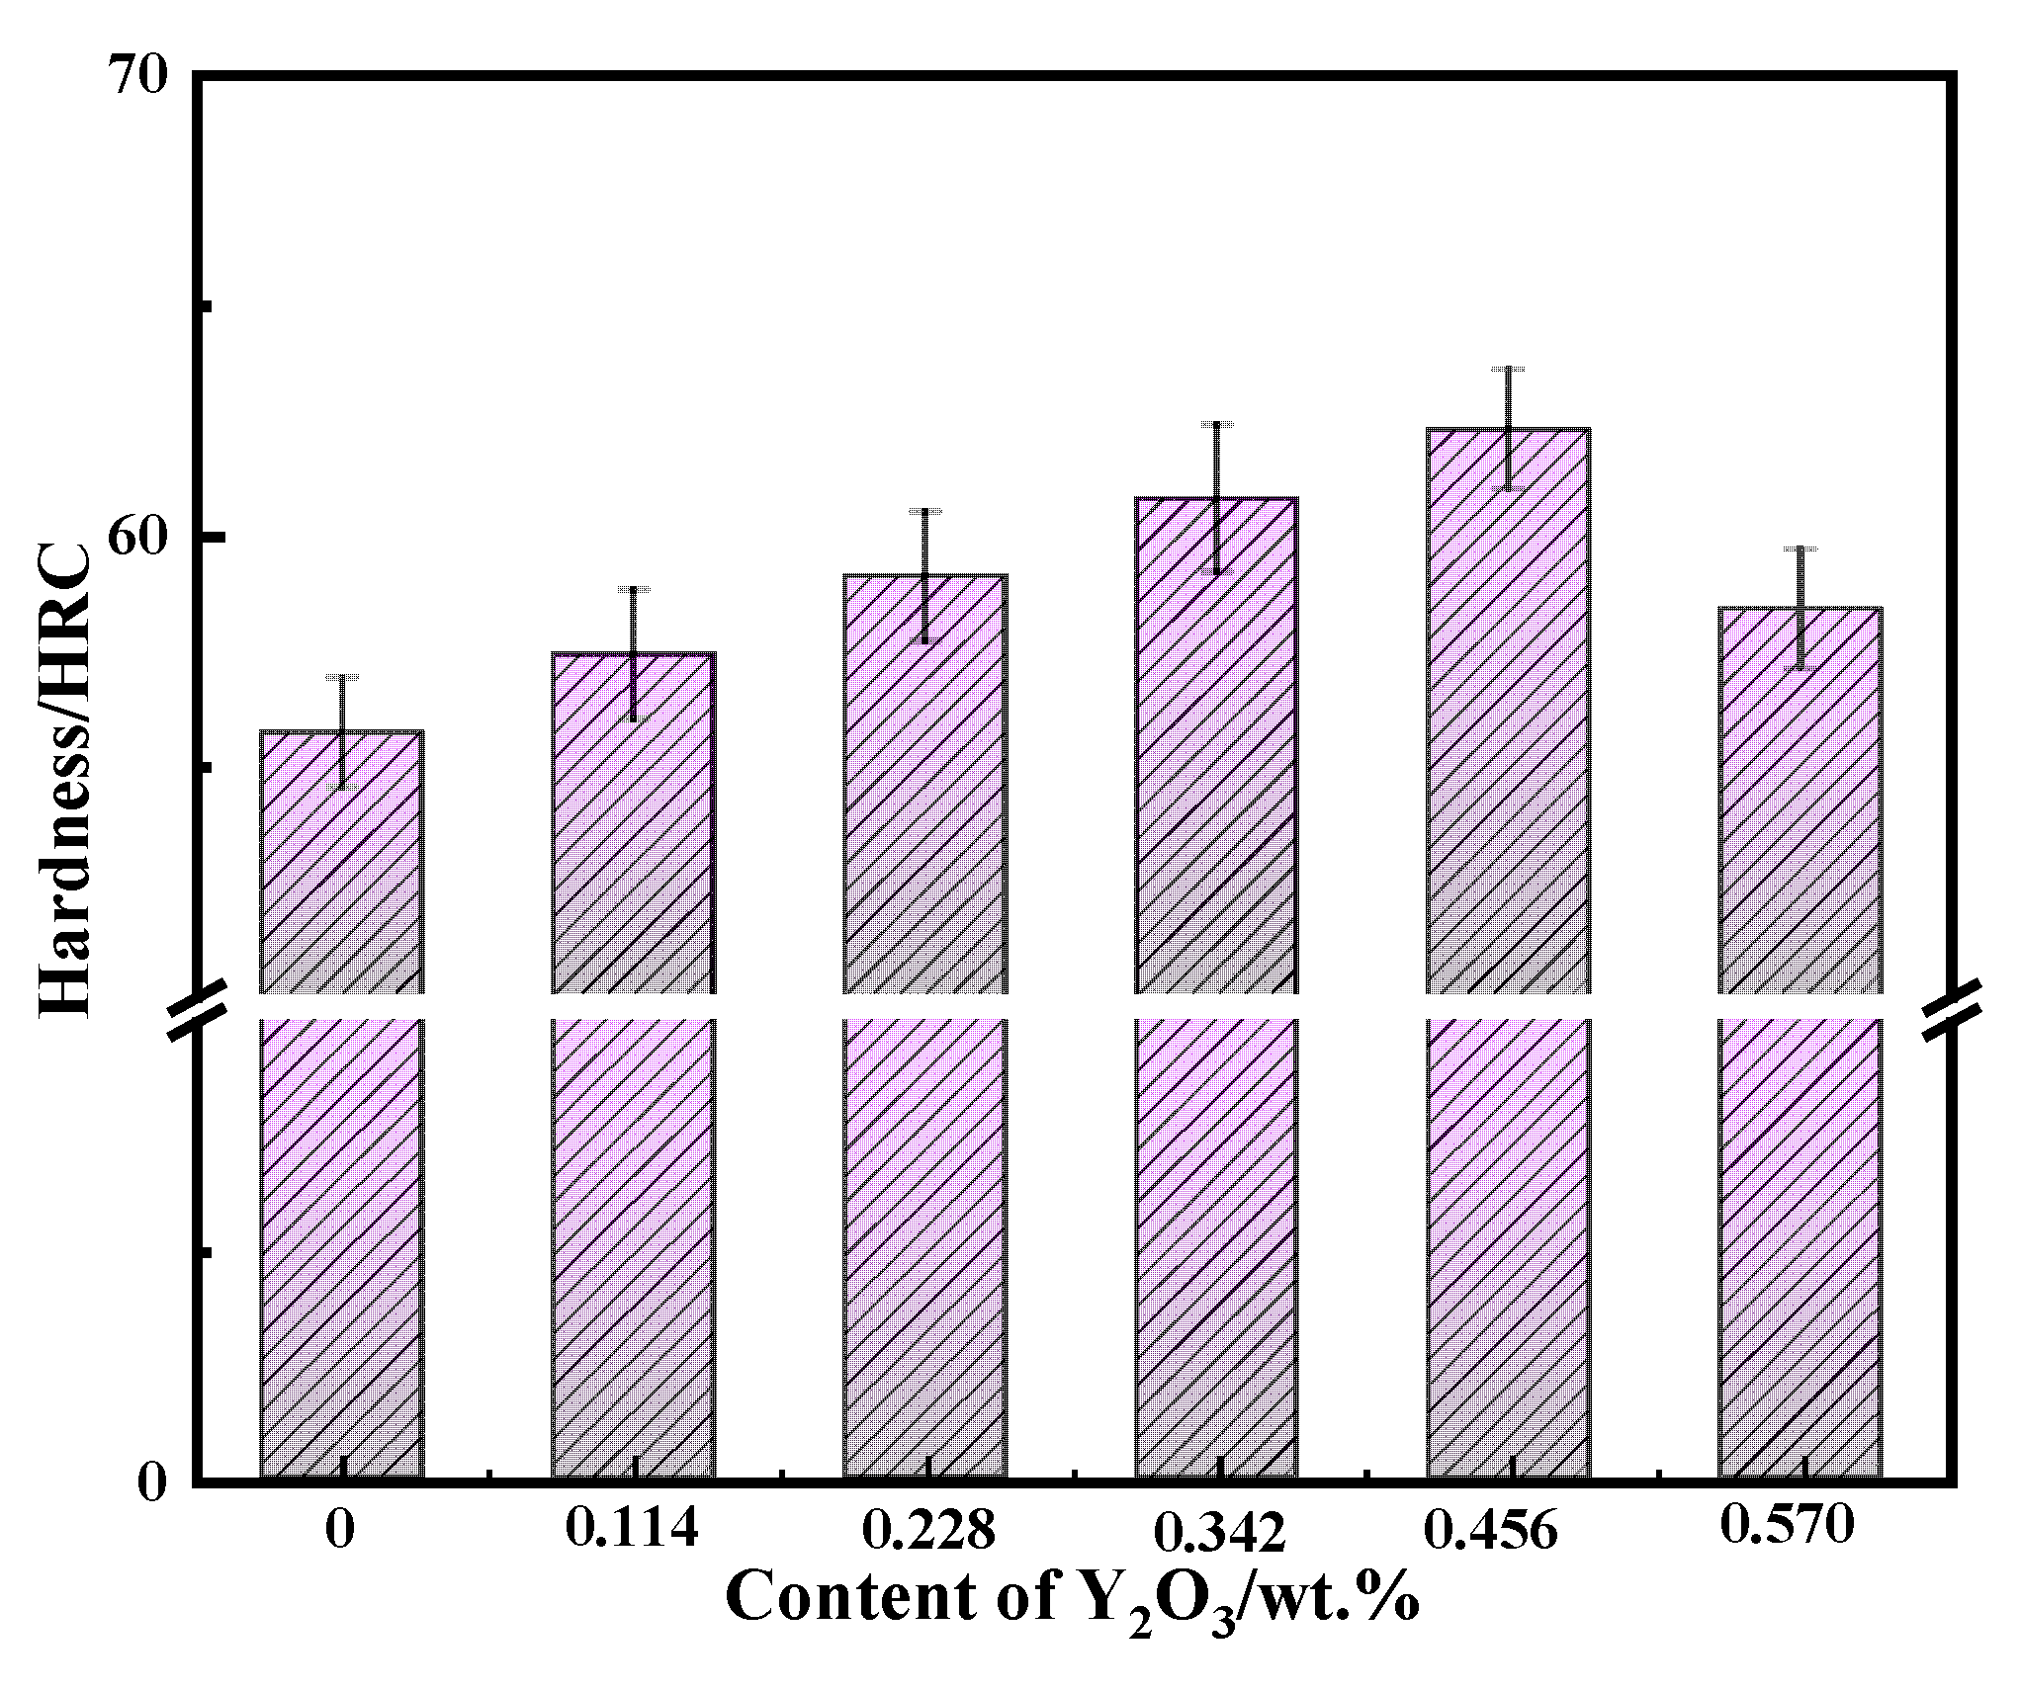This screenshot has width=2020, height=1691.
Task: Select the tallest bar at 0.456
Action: pos(1508,712)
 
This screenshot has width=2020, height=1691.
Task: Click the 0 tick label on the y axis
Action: pos(151,1482)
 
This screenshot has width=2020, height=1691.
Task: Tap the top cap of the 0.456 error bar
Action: pos(1509,369)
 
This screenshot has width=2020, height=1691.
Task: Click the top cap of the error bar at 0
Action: pos(342,677)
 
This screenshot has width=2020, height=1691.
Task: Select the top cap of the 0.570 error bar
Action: pos(1800,549)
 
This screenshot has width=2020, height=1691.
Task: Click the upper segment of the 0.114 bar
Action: pos(633,820)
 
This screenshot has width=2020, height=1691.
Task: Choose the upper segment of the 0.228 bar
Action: pos(924,781)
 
